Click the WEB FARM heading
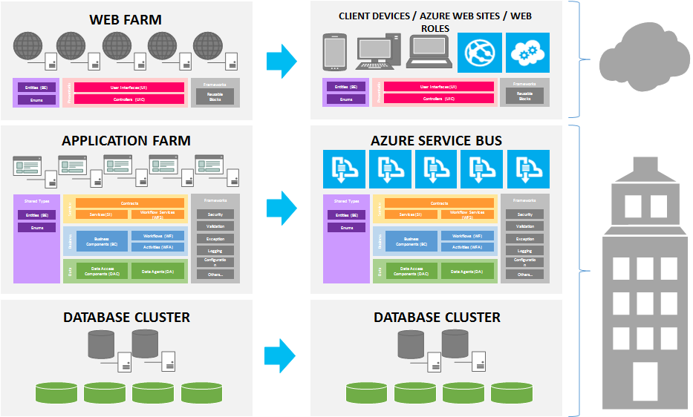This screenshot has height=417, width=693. tap(126, 19)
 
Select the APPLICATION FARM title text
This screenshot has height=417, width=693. tap(126, 140)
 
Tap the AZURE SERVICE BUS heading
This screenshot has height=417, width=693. tap(436, 140)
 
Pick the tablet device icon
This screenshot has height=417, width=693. tap(335, 52)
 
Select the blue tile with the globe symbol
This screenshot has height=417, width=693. tap(480, 52)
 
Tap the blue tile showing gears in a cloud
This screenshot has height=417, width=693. tap(527, 52)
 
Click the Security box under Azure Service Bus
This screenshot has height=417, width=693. tap(525, 214)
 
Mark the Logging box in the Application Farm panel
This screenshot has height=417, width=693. tap(215, 251)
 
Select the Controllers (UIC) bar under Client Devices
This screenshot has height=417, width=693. tap(439, 98)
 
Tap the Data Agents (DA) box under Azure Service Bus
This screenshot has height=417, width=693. tap(468, 272)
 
